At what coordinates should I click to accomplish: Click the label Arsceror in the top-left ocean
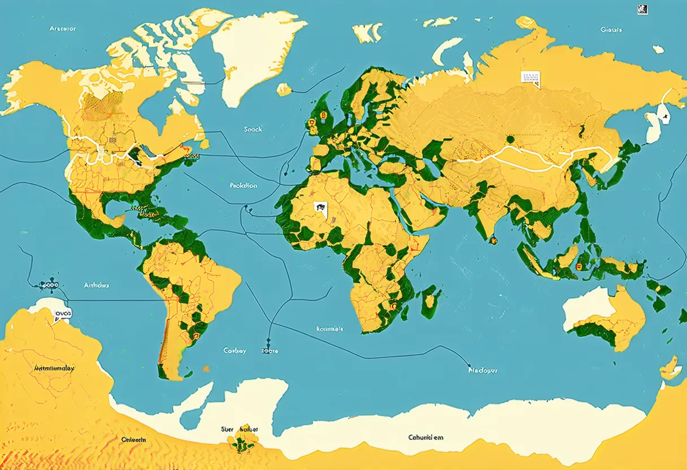(62, 28)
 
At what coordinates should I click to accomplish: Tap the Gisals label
(611, 29)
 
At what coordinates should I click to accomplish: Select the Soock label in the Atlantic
(253, 129)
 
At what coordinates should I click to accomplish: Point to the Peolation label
(244, 185)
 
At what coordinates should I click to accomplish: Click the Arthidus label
(97, 285)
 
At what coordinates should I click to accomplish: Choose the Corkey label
(234, 351)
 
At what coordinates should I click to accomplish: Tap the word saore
(270, 351)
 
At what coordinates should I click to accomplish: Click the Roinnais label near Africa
(329, 328)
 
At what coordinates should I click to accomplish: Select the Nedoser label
(483, 371)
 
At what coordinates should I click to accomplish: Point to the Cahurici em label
(426, 437)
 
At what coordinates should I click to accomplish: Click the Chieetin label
(134, 439)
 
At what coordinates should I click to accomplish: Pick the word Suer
(227, 429)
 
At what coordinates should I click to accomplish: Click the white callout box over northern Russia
(530, 79)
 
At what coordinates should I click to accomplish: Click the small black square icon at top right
(642, 8)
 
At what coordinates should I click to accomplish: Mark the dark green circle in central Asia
(510, 139)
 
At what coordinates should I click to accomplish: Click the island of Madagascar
(431, 297)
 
